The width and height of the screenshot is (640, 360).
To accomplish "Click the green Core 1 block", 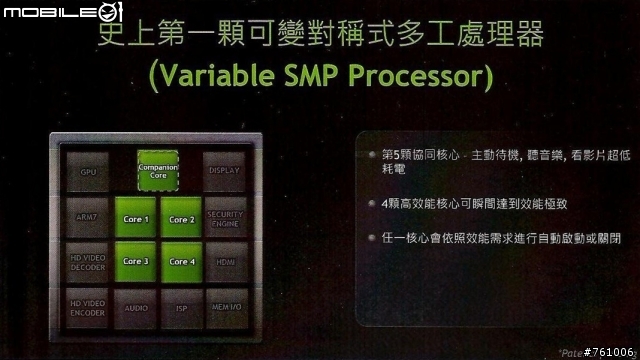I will click(136, 219).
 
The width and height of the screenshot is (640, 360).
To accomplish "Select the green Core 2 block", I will click(180, 219).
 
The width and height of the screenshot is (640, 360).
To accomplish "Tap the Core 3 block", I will click(136, 261).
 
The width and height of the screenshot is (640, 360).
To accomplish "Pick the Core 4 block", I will click(180, 261).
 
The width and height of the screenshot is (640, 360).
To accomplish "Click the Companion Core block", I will click(158, 170).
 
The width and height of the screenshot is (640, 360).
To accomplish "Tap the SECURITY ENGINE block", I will click(224, 218).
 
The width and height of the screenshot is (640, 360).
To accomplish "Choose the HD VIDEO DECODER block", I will click(88, 262).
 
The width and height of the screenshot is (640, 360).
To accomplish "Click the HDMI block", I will click(224, 262).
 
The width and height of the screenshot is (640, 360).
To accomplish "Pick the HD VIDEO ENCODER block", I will click(88, 306).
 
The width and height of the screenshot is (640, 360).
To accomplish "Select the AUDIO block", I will click(136, 308).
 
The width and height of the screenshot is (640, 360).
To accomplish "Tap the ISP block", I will click(180, 308).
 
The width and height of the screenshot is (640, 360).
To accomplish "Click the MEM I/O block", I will click(224, 308).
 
